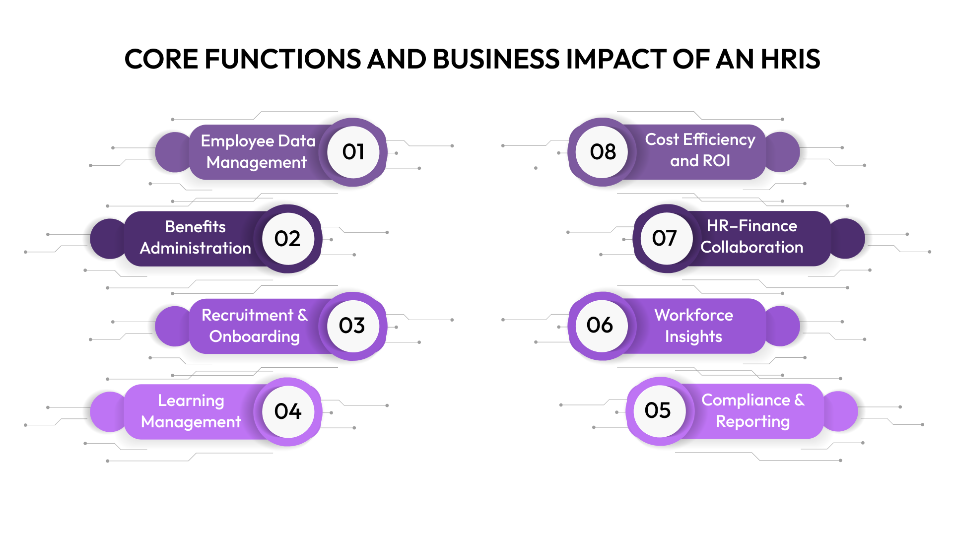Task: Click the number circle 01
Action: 353,152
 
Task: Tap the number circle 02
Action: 288,239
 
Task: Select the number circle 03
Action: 352,326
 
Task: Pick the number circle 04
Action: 288,411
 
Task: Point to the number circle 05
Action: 658,410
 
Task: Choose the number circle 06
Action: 601,325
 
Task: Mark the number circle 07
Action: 665,238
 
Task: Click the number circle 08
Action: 603,152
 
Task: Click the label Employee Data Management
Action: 258,151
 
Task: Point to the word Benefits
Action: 196,227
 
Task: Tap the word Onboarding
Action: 255,336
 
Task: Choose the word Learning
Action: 191,401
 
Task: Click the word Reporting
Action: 752,421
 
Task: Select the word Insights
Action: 693,336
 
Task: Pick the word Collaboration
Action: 751,247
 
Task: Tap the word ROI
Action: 716,161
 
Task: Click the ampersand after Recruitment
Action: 302,315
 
